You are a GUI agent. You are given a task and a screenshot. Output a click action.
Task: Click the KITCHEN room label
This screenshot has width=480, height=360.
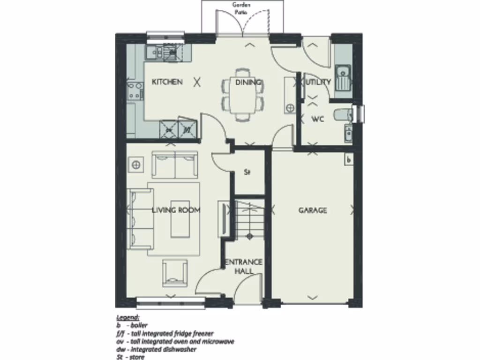pyautogui.click(x=167, y=82)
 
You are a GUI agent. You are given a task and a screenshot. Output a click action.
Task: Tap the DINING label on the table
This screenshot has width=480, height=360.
pyautogui.click(x=248, y=82)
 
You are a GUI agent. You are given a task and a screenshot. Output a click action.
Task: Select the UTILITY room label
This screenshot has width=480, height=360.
pyautogui.click(x=319, y=82)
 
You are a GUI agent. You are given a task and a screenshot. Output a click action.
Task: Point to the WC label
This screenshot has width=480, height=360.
pyautogui.click(x=318, y=119)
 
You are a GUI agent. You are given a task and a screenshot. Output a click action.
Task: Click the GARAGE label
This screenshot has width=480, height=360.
pyautogui.click(x=313, y=210)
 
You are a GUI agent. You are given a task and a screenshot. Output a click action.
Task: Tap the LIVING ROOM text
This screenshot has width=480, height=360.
pyautogui.click(x=176, y=210)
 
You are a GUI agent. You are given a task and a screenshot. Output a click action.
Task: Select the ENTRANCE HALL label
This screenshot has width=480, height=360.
pyautogui.click(x=244, y=266)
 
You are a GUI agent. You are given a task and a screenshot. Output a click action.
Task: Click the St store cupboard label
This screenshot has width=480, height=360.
pyautogui.click(x=247, y=172)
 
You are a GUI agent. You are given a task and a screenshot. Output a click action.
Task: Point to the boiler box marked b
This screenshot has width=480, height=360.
pyautogui.click(x=348, y=160)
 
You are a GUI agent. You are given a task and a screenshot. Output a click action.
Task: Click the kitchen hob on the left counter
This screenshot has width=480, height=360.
pyautogui.click(x=135, y=90)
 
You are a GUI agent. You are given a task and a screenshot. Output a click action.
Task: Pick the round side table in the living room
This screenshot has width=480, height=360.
pyautogui.click(x=136, y=165)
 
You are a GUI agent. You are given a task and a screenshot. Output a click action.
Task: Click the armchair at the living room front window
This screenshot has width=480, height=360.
pyautogui.click(x=174, y=274)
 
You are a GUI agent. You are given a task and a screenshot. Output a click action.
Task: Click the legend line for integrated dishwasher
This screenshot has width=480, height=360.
pyautogui.click(x=157, y=349)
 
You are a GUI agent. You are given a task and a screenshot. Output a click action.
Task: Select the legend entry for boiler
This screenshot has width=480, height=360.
pyautogui.click(x=132, y=325)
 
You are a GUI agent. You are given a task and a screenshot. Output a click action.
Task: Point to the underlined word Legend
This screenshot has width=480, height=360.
pyautogui.click(x=127, y=317)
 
